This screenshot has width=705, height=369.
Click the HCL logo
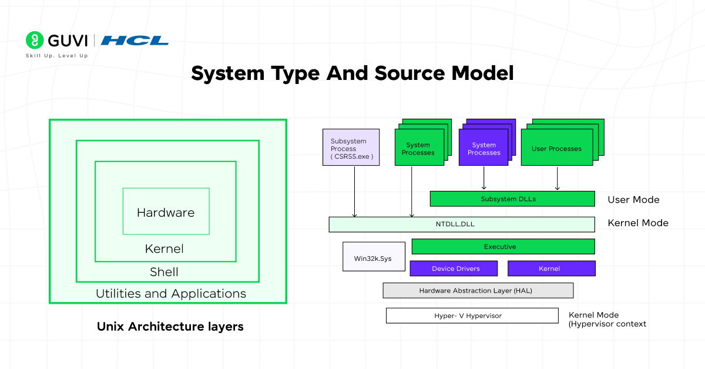135,41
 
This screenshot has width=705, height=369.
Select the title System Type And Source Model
352,73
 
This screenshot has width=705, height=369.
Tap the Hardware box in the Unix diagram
166,212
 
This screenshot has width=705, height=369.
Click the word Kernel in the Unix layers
164,249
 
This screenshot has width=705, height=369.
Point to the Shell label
164,272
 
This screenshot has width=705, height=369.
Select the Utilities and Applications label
171,293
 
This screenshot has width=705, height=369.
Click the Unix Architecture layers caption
170,326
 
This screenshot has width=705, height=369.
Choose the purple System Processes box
484,149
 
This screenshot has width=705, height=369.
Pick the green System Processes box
418,149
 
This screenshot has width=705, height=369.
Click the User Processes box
556,149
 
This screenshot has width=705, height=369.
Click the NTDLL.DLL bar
461,224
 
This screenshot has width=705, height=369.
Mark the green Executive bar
503,247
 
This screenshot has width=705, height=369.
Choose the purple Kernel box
551,269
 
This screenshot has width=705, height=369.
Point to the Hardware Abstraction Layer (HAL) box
478,290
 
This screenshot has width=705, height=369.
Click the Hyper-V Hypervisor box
472,316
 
